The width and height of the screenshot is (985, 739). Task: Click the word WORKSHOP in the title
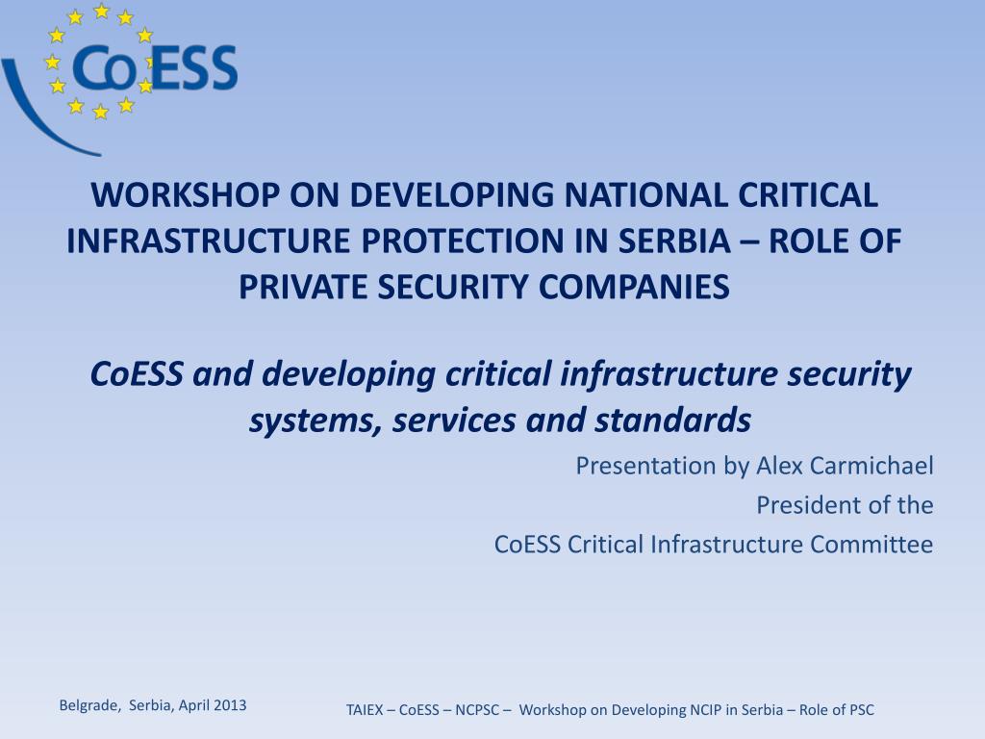coord(186,194)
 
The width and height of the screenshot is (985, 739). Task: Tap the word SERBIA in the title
coord(674,241)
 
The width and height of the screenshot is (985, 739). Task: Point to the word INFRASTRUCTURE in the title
coord(208,241)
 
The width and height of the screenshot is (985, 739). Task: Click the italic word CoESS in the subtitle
coord(137,374)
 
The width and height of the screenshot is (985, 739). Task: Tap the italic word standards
coord(672,420)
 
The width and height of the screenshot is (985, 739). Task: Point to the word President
coord(802,505)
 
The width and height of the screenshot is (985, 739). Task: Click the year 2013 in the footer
coord(230,705)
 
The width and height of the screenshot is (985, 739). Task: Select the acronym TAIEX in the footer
coord(365,710)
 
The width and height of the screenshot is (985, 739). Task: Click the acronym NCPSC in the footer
coord(477,710)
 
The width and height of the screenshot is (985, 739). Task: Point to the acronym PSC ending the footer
coord(861,710)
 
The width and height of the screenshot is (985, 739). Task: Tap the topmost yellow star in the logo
coord(100,11)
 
